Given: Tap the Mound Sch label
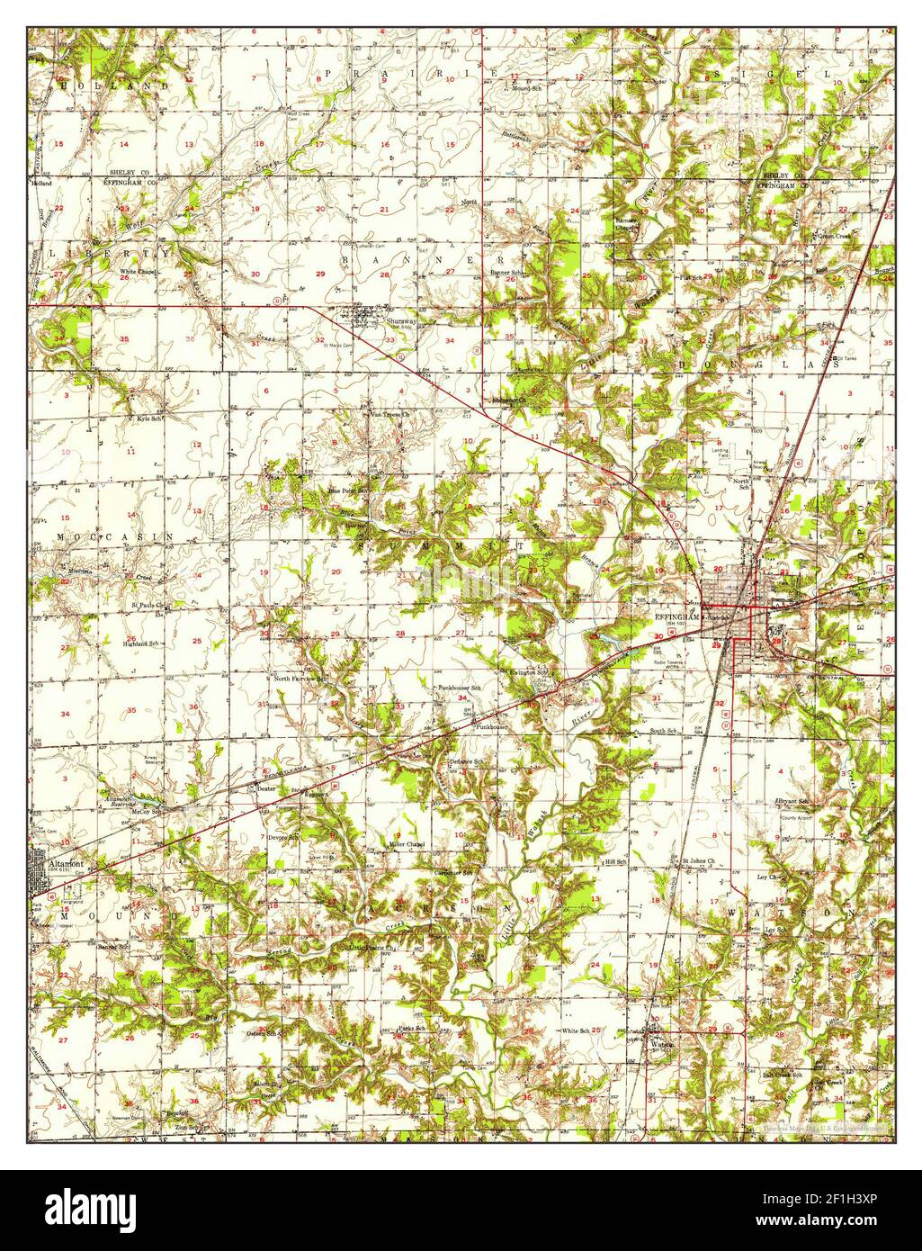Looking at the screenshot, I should [526, 88].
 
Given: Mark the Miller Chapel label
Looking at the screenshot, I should [406, 844].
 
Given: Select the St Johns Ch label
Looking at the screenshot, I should [696, 861].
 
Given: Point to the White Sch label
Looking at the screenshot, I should [576, 1030].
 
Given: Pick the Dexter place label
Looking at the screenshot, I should [264, 787].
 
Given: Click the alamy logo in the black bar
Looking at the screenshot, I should [92, 1205].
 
